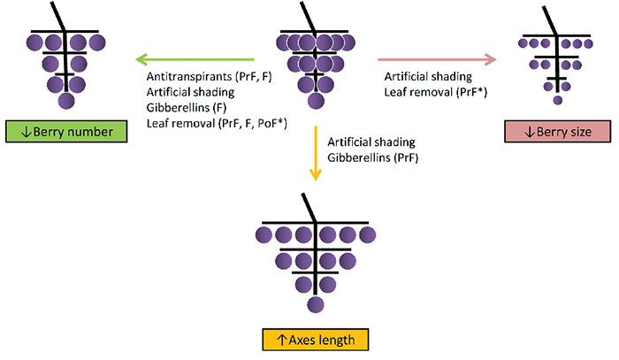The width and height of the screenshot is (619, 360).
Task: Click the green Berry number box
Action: (66, 132)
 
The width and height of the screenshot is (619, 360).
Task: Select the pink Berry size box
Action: (557, 132)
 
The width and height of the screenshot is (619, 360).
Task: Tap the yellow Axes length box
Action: (316, 340)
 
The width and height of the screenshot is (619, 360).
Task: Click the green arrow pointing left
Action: (195, 59)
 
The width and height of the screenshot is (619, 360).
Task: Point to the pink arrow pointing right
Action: (437, 59)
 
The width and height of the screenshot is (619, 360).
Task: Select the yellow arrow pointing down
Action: (316, 153)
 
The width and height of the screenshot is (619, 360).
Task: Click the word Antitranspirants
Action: (189, 76)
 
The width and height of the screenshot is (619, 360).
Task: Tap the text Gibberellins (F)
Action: (187, 107)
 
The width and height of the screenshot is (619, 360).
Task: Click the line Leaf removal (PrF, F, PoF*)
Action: (217, 123)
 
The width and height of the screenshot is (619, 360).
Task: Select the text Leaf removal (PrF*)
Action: (436, 92)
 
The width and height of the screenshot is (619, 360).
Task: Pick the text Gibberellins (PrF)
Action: (372, 157)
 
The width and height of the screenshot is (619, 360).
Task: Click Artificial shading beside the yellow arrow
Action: (371, 142)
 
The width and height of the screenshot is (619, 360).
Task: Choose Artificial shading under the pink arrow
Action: (428, 76)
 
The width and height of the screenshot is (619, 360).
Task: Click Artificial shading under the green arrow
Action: (190, 92)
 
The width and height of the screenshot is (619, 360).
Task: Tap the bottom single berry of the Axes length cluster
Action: (316, 305)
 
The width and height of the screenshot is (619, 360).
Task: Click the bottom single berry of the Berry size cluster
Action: (557, 100)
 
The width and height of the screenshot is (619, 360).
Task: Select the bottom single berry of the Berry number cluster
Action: (66, 101)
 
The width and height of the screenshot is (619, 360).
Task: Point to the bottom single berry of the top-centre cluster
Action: (316, 101)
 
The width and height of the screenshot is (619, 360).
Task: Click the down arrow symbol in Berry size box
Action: (530, 132)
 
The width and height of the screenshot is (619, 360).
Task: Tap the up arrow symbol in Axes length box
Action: (281, 340)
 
